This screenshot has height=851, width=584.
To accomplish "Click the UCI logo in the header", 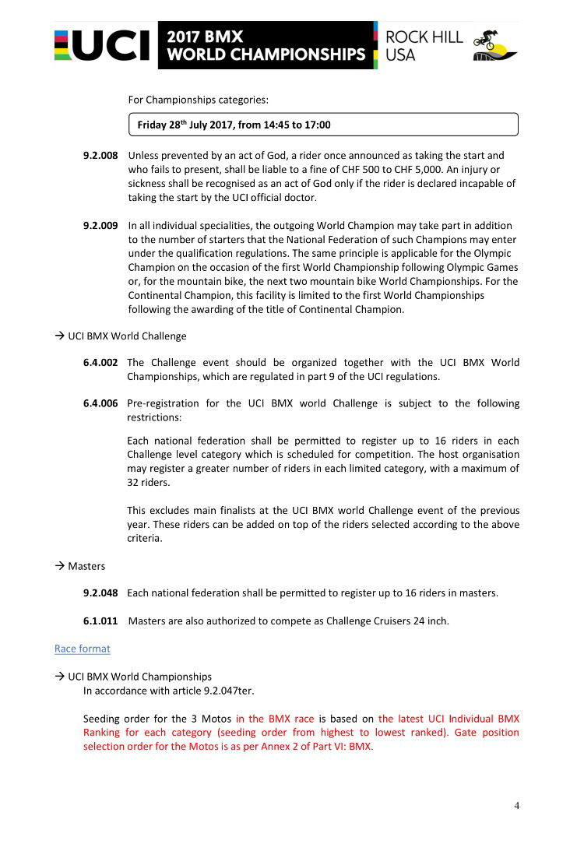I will (103, 45).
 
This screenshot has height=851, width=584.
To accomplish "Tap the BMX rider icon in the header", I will (495, 45).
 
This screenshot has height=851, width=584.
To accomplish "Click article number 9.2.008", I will (100, 156).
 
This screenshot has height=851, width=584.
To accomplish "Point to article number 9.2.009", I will (100, 226).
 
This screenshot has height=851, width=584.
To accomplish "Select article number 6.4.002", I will (100, 363).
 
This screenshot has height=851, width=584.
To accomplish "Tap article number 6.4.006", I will (100, 403).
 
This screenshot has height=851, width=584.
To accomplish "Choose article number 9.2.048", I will (100, 593).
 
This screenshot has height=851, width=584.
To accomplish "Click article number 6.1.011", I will (100, 621).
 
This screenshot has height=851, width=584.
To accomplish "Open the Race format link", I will (82, 649).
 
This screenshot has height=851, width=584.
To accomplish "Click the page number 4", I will (516, 806).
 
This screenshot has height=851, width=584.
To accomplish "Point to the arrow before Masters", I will (59, 566).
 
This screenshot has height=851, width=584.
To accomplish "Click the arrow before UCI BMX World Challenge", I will (59, 336).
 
